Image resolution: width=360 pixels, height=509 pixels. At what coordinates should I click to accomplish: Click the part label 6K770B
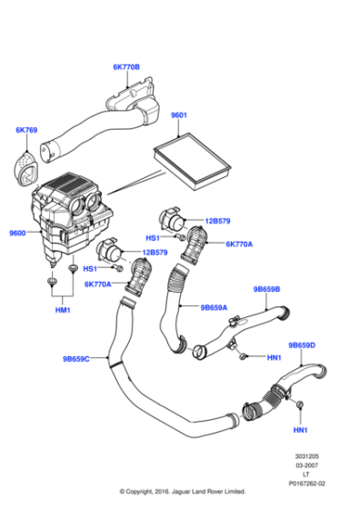pos(127,66)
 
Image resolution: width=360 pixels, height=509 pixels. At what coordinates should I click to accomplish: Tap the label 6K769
pos(27,131)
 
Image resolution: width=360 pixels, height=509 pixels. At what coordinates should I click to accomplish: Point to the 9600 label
pos(16,234)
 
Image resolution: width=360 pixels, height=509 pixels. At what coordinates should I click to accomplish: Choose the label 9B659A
pos(214,307)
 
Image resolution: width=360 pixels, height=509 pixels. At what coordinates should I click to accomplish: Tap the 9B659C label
pos(77,358)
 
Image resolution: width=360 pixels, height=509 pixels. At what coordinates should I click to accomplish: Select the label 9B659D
pos(302,345)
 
